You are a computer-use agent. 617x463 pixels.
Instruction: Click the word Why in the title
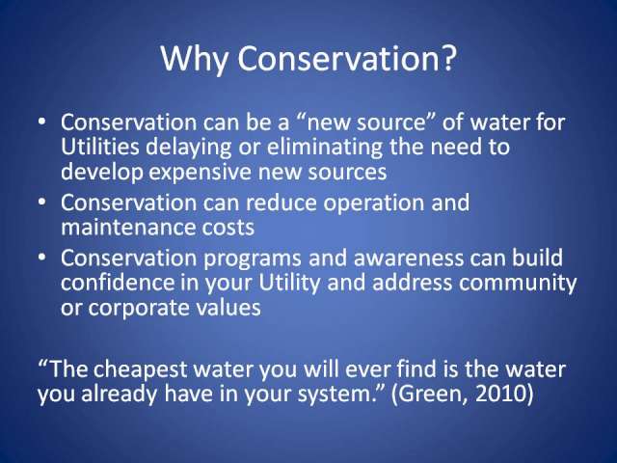pos(195,59)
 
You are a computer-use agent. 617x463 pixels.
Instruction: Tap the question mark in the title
pos(448,58)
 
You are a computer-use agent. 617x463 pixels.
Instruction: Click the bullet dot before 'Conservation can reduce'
pos(42,203)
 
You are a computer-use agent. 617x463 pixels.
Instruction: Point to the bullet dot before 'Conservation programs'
pos(42,258)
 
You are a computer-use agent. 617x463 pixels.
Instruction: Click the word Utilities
pos(100,147)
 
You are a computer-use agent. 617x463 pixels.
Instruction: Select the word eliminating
pos(324,148)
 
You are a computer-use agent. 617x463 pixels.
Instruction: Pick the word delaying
pos(189,148)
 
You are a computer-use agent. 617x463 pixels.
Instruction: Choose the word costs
pos(228,229)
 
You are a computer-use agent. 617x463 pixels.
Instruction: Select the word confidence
pos(117,283)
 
